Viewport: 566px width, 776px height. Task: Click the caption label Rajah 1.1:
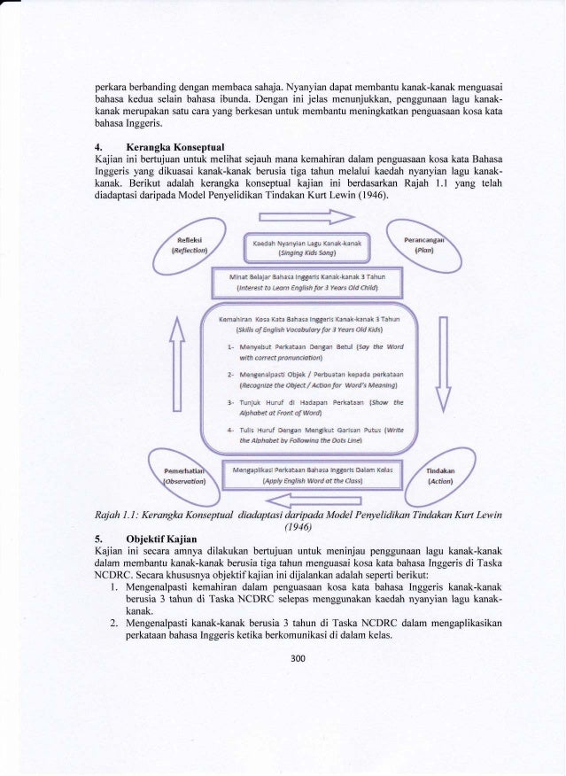point(123,512)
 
